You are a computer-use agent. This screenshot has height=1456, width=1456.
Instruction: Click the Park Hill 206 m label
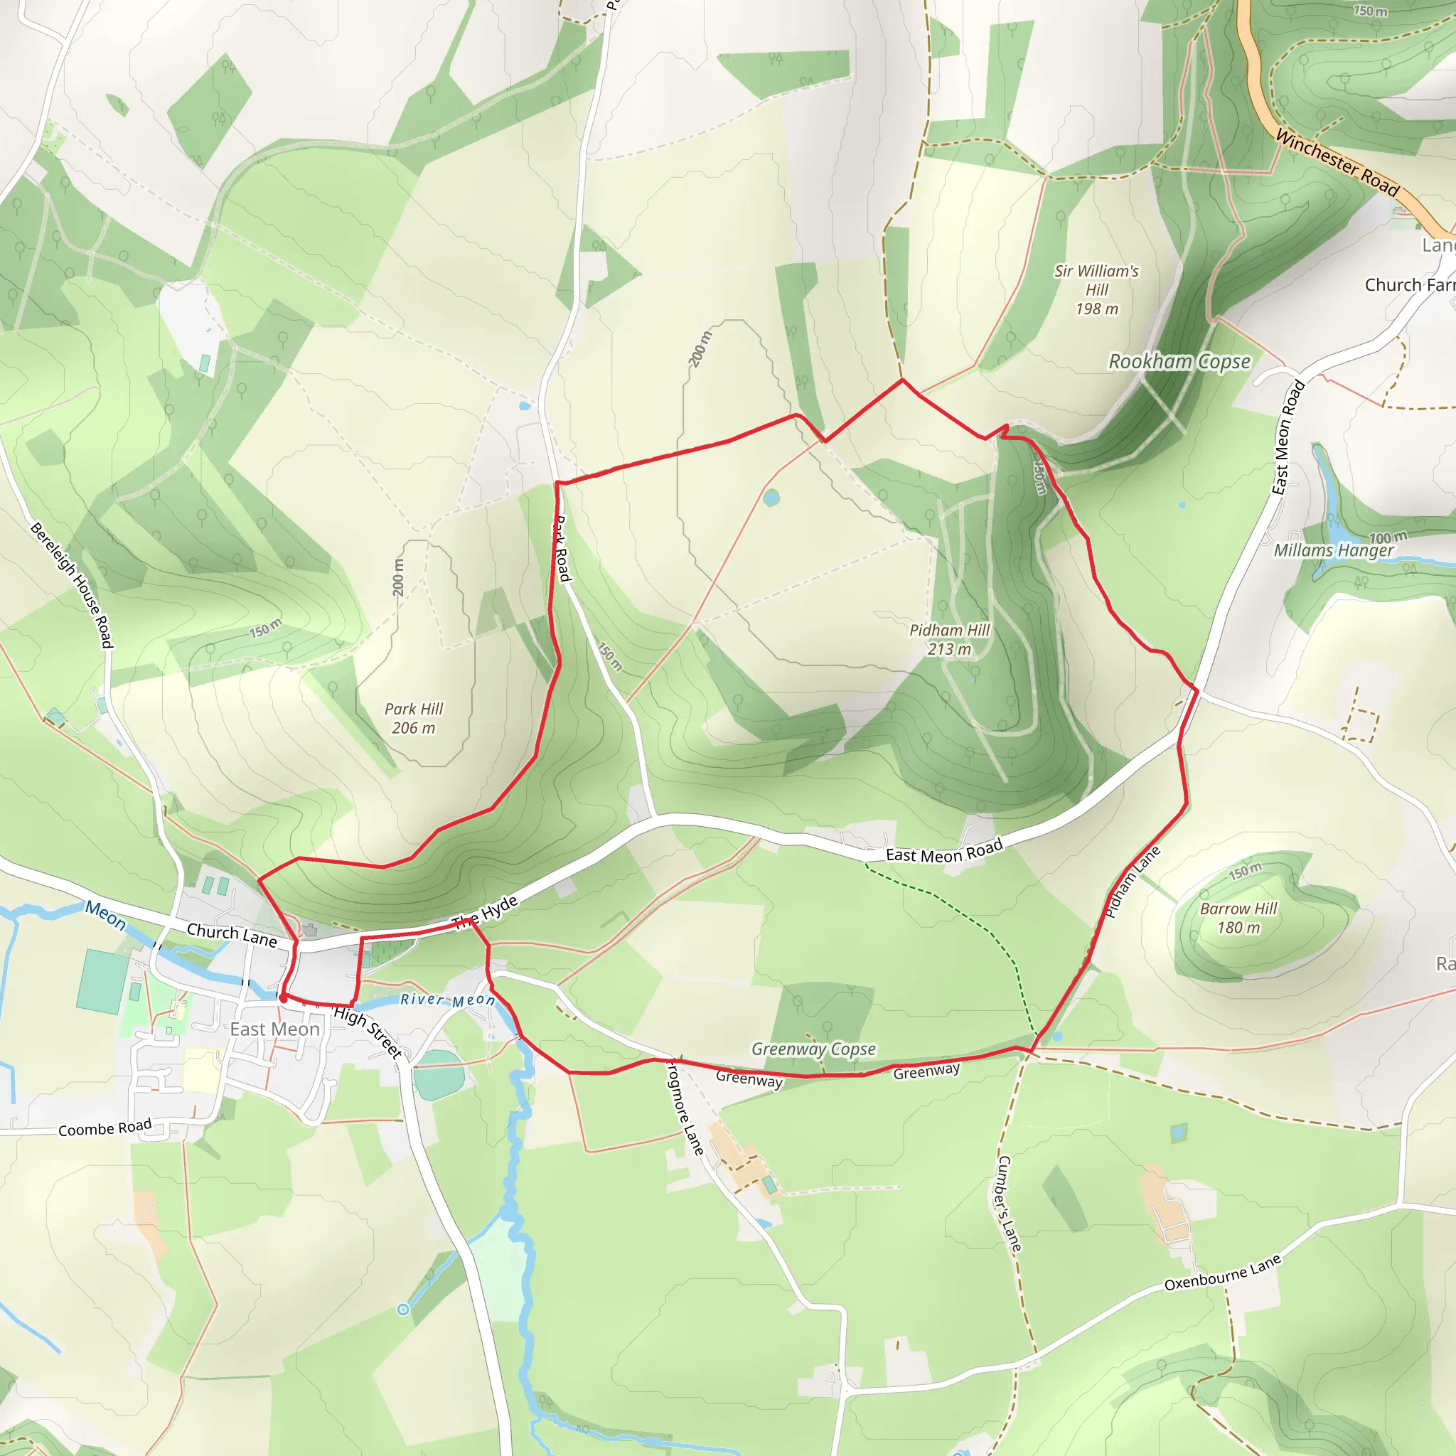coord(414,718)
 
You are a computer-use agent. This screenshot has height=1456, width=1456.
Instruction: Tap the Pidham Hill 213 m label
coord(949,639)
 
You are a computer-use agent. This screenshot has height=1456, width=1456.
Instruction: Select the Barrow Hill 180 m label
coord(1238,918)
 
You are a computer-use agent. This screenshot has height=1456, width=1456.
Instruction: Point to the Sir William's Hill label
coord(1096,290)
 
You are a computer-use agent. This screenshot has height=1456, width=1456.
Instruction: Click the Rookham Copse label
coord(1179,362)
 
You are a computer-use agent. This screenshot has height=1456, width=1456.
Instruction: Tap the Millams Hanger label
coord(1333,550)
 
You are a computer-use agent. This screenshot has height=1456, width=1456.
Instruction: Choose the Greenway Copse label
coord(813,1049)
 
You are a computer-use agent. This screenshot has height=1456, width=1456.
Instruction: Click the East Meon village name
coord(274,1029)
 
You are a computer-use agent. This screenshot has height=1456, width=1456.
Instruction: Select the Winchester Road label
coord(1337,162)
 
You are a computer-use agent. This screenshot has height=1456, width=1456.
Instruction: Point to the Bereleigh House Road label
coord(73,585)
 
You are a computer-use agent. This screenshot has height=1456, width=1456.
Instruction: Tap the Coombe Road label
coord(105,1128)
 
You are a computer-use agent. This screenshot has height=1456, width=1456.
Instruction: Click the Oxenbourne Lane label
coord(1222,1273)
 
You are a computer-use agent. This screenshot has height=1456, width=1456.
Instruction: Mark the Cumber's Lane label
coord(1009,1204)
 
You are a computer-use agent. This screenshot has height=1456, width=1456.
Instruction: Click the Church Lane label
coord(231,934)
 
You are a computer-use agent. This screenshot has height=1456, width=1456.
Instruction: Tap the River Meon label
coord(448,1000)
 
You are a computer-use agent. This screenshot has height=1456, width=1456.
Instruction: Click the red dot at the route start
coord(283,997)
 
